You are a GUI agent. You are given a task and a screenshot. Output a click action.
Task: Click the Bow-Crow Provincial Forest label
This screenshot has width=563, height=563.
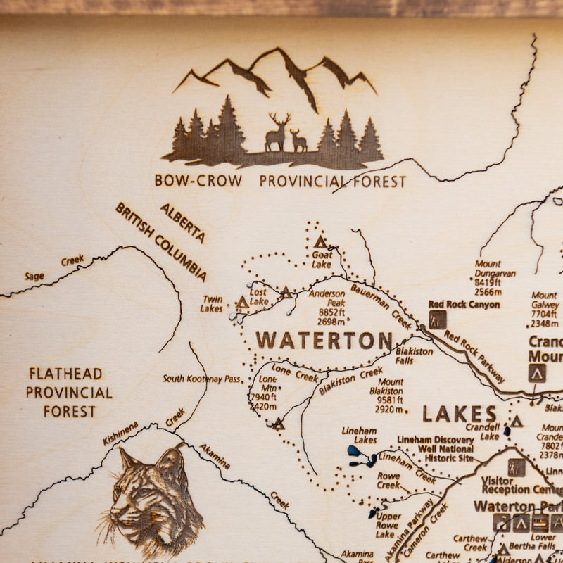click(x=280, y=181)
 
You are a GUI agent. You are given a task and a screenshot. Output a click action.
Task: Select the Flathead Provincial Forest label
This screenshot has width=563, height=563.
click(x=69, y=393)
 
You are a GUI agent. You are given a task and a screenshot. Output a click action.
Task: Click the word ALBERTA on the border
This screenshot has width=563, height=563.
click(x=183, y=223)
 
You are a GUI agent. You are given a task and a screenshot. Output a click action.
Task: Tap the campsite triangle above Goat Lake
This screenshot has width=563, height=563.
click(x=321, y=242)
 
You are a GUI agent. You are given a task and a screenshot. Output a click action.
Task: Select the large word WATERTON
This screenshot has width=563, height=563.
click(x=324, y=341)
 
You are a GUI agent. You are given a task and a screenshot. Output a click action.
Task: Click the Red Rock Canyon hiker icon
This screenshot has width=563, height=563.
click(x=438, y=320)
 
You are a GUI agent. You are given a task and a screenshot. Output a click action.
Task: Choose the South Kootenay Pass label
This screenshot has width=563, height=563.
click(x=201, y=379)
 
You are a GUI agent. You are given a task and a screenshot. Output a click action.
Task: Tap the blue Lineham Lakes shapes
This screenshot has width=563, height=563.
click(x=362, y=457)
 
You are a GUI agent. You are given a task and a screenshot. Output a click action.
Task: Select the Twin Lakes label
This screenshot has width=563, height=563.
click(x=211, y=304)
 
